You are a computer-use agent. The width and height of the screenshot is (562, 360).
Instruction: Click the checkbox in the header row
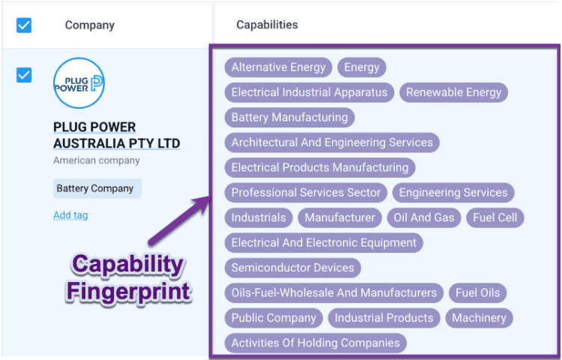(x=24, y=25)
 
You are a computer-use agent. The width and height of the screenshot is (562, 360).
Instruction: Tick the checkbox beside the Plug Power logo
(x=24, y=75)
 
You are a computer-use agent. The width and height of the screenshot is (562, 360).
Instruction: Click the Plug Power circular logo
(x=79, y=82)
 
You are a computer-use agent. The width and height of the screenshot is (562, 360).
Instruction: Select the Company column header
(x=89, y=25)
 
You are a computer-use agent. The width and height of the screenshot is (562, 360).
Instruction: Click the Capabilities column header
(x=267, y=25)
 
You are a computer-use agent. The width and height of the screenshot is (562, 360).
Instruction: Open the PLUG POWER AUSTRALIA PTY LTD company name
(x=116, y=135)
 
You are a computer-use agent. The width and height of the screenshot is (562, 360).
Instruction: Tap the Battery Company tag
(x=96, y=188)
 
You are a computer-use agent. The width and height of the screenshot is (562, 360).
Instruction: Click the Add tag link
(x=70, y=215)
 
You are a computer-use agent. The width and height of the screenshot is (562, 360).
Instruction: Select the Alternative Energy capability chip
(x=278, y=67)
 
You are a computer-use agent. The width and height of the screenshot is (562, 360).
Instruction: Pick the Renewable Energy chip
(x=453, y=92)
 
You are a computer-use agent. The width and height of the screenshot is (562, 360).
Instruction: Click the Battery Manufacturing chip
(x=289, y=118)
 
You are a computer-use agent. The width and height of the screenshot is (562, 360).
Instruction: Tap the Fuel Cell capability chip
(x=495, y=217)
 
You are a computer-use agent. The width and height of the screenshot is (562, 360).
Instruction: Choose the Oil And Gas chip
(x=423, y=217)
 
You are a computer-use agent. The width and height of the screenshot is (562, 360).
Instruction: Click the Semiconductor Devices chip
(x=292, y=268)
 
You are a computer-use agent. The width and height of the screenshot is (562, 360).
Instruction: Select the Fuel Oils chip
(x=477, y=292)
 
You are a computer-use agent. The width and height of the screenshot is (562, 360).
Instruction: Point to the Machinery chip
(x=479, y=318)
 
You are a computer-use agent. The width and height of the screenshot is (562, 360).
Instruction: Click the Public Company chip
(x=274, y=318)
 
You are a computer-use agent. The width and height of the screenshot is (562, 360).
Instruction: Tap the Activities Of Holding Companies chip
(x=315, y=343)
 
